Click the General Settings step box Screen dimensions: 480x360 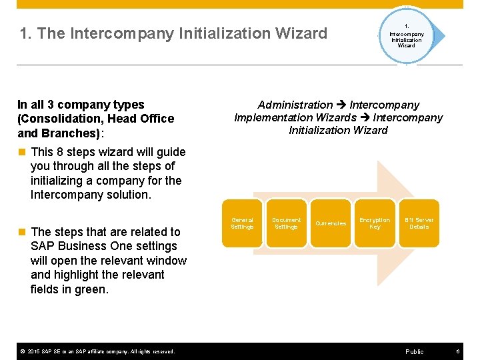[x=242, y=223]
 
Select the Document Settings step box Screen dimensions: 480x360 [x=286, y=223]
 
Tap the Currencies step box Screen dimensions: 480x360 [x=331, y=223]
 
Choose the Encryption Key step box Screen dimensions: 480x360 [x=375, y=223]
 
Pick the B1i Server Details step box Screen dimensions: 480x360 [x=419, y=223]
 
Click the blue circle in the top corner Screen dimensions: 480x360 [x=406, y=36]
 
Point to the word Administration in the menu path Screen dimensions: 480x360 [x=295, y=105]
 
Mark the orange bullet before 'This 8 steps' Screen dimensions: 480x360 [x=22, y=152]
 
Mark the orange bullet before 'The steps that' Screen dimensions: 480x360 [x=22, y=232]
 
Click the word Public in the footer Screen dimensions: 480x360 [x=414, y=351]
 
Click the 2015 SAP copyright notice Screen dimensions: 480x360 [x=96, y=351]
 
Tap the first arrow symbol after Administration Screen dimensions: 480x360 [x=341, y=105]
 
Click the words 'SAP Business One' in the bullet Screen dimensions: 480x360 [x=73, y=246]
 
